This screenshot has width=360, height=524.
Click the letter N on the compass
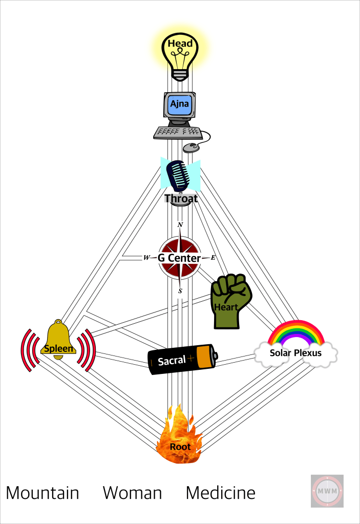pos(180,225)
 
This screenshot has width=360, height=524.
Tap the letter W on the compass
pos(146,258)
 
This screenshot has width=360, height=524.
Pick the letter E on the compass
pos(213,258)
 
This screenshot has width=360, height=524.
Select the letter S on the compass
pos(180,291)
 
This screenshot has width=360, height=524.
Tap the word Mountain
pos(43,493)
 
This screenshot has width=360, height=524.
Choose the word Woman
pos(132,493)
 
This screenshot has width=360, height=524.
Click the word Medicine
pos(220,493)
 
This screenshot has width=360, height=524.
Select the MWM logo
pos(327,491)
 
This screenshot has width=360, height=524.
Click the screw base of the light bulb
pos(180,74)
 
